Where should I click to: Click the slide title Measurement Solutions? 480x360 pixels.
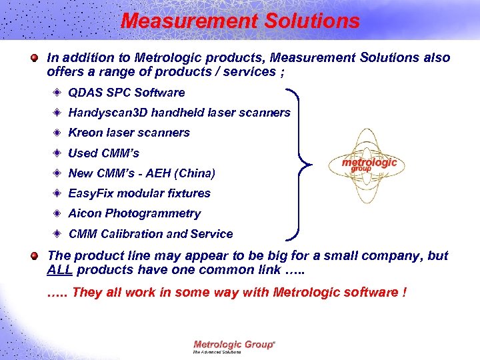coord(240,21)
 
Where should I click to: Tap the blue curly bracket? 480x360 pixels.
coord(302,163)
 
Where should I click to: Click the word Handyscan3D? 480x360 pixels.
coord(109,113)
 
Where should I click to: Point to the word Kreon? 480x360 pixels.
coord(84,133)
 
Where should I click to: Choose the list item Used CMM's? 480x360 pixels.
coord(103,153)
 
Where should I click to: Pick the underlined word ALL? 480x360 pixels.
coord(61,270)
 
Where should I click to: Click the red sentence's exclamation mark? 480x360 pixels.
coord(405,292)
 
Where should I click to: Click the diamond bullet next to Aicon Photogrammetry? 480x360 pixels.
coord(59,213)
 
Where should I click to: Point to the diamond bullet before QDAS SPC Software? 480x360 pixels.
coord(59,92)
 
